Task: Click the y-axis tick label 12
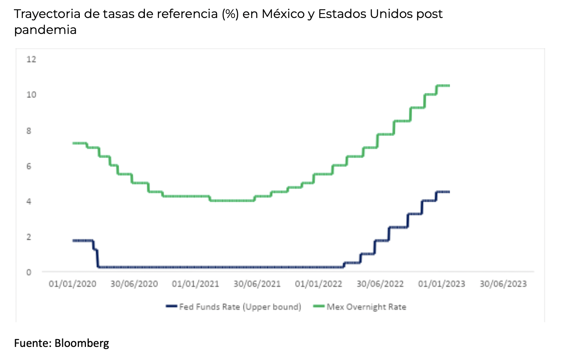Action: point(31,59)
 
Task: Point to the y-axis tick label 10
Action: point(31,94)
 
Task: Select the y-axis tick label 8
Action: point(29,131)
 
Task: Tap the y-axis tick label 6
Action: point(29,166)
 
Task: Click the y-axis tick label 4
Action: point(29,201)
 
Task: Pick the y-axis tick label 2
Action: point(29,237)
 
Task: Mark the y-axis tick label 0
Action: point(29,272)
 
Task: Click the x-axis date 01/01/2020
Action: point(72,284)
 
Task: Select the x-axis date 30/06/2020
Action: point(134,284)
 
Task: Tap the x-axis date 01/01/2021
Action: point(196,284)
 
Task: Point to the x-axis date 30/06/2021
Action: point(257,284)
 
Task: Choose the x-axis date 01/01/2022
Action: point(318,284)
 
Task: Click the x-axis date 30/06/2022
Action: point(380,284)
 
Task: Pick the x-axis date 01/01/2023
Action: point(442,284)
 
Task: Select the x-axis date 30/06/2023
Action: point(503,284)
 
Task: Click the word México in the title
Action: point(282,14)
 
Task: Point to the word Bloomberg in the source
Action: point(82,343)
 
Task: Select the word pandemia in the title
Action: point(45,30)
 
